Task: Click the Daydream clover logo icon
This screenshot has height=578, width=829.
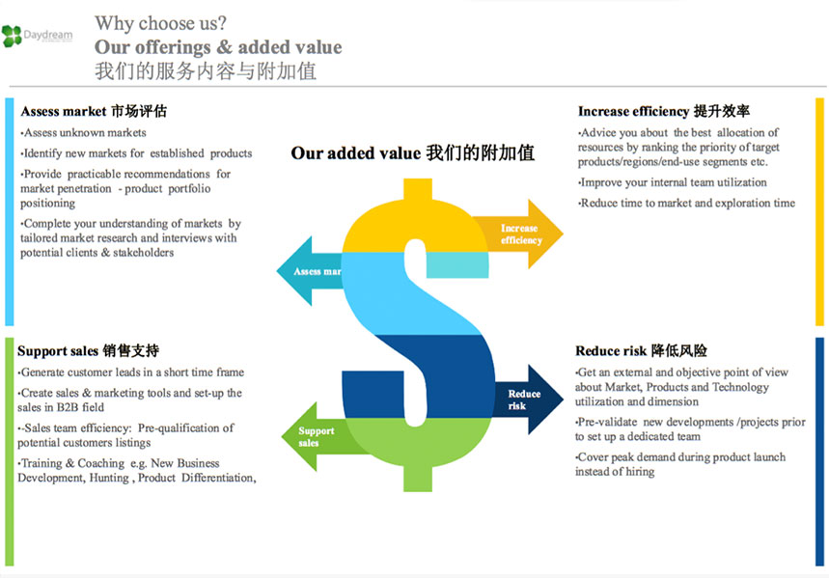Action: point(12,36)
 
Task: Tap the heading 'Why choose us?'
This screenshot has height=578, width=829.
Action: point(161,23)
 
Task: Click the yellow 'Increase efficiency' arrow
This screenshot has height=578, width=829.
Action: point(518,234)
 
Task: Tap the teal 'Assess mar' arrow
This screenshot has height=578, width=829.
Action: point(310,271)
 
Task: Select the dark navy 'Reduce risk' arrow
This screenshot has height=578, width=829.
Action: point(529,399)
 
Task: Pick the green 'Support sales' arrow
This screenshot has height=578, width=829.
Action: point(322,437)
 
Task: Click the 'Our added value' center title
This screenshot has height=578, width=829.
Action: point(413,152)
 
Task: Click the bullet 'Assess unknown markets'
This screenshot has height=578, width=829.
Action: point(84,133)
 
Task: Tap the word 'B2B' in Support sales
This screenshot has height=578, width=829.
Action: point(68,407)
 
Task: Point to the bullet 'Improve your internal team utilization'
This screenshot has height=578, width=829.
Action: point(673,182)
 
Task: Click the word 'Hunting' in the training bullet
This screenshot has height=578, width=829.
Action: point(109,478)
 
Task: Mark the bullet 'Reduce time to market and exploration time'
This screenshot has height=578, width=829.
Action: point(687,203)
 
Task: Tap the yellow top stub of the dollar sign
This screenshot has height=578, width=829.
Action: point(418,189)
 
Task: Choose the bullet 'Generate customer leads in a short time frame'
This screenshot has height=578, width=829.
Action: point(131,372)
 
